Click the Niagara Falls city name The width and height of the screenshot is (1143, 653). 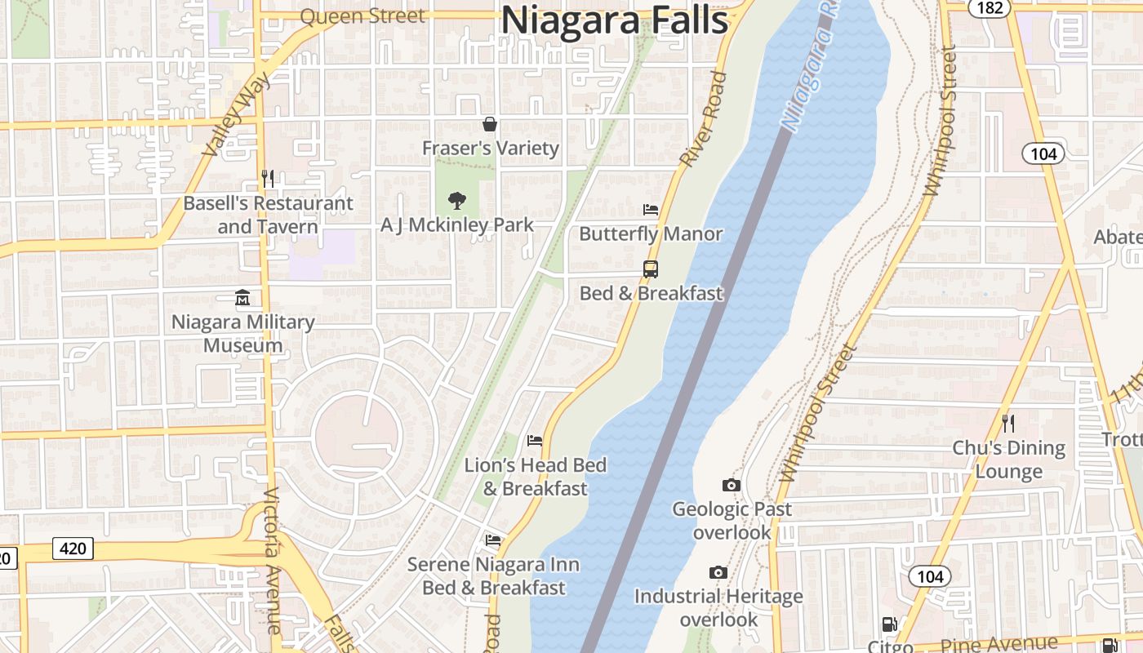coord(614,20)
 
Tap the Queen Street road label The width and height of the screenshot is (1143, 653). coord(362,16)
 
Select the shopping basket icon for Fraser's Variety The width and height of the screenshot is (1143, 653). coord(490,124)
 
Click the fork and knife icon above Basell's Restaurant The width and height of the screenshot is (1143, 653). coord(268,178)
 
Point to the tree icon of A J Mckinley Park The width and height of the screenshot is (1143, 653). coord(457,200)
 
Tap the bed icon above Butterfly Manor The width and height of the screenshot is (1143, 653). coord(651,210)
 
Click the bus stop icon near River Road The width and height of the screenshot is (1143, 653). coord(651,269)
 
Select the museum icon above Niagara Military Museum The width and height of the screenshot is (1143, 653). coord(242,298)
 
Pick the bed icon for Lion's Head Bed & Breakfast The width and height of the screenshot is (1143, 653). coord(535,441)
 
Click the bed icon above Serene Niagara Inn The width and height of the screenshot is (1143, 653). coord(493,540)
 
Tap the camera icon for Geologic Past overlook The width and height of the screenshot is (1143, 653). coord(732,485)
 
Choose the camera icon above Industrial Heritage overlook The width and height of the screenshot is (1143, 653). coord(718,572)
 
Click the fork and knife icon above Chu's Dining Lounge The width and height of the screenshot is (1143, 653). coord(1008,423)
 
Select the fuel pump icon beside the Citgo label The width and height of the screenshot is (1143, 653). coord(890,626)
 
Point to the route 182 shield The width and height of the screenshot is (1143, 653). coord(980,7)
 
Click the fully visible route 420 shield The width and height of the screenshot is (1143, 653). coord(73,548)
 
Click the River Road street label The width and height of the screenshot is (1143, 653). coord(703,120)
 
